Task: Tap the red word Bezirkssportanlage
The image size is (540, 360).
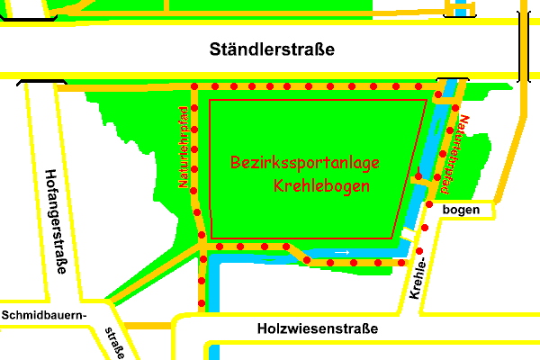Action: [304, 164]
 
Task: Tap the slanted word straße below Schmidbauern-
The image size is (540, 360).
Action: [114, 343]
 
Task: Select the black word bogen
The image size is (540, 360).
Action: [469, 210]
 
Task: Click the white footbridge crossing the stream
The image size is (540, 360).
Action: [408, 234]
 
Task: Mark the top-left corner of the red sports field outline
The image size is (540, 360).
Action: [210, 101]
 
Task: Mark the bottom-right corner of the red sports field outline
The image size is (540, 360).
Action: [393, 238]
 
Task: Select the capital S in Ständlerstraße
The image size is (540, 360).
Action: [214, 49]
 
